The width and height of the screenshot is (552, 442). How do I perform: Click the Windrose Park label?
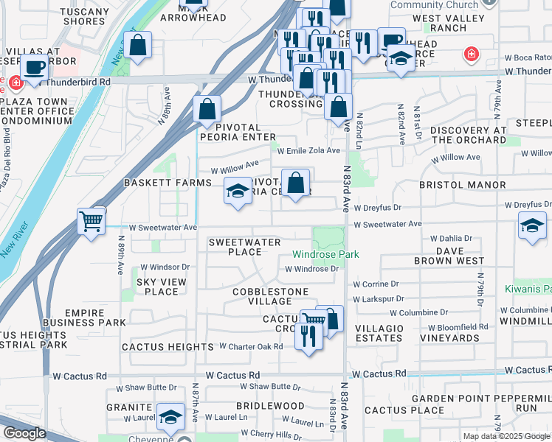point(325,254)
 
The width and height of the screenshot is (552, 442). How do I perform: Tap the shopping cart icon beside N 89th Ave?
point(91,220)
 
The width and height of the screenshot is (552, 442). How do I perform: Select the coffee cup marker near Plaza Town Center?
point(33,67)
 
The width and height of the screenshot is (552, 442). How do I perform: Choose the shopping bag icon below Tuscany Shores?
point(138,45)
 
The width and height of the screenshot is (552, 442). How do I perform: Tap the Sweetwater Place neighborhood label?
point(244,247)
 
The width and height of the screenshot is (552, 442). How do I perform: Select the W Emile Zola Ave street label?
point(308,150)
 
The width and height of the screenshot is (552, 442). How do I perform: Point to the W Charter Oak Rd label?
point(251,346)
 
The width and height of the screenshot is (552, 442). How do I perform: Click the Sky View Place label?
point(156,287)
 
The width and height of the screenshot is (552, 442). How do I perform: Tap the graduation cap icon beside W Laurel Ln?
point(170,418)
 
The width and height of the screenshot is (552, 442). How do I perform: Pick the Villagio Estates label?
point(379,333)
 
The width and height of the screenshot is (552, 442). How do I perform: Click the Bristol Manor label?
point(472,185)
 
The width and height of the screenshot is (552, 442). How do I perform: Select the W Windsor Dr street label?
point(165,267)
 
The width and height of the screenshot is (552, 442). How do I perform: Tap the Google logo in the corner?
point(24,432)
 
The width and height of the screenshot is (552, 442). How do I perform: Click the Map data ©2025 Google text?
point(506,436)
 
